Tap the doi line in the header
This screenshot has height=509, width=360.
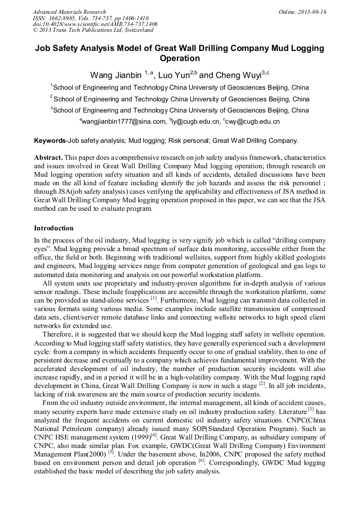95,24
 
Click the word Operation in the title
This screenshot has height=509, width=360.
179,58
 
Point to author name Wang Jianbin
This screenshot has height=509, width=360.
116,75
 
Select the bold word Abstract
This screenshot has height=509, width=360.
49,158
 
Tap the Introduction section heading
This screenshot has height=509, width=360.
54,228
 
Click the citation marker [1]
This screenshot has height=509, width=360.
153,299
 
